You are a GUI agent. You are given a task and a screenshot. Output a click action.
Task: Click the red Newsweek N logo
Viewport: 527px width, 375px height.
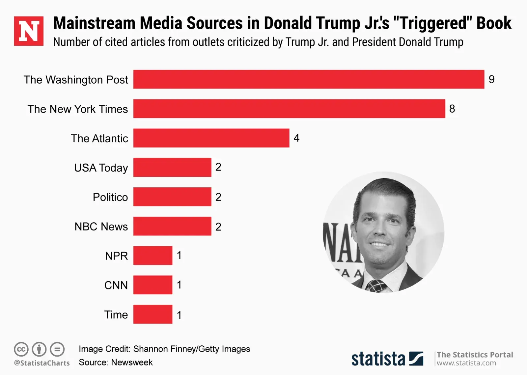click(29, 31)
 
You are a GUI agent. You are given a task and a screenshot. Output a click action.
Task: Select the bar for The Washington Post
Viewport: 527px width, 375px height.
click(309, 79)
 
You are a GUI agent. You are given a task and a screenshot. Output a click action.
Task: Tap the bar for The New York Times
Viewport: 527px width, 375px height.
click(289, 109)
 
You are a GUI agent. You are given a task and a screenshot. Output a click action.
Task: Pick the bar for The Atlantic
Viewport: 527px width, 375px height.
click(211, 138)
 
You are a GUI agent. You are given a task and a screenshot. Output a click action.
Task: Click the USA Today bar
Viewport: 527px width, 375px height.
click(172, 167)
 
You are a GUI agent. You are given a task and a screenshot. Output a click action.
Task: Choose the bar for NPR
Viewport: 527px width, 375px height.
click(153, 255)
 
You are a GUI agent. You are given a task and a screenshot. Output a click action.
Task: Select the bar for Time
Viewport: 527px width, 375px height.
click(153, 314)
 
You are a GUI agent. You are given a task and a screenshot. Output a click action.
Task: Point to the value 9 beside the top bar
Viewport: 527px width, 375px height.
click(491, 79)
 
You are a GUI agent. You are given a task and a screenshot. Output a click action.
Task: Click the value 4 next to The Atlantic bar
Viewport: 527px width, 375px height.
click(296, 138)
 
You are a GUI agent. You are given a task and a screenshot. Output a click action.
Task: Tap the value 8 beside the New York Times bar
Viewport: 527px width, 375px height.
click(452, 109)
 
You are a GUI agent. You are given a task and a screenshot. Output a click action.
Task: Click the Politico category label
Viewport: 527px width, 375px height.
click(110, 197)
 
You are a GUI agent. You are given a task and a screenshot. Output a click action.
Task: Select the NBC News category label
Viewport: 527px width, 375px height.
click(101, 227)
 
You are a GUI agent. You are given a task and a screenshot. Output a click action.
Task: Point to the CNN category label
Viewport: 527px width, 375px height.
click(116, 285)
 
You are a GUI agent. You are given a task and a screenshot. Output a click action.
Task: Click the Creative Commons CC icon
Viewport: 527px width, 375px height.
click(21, 349)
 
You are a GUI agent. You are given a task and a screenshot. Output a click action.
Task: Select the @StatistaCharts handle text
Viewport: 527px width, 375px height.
click(42, 363)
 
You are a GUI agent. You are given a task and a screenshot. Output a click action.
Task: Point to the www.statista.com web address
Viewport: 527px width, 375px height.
click(466, 363)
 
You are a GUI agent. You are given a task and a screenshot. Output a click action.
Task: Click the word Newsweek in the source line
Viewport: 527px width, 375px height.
click(132, 362)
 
